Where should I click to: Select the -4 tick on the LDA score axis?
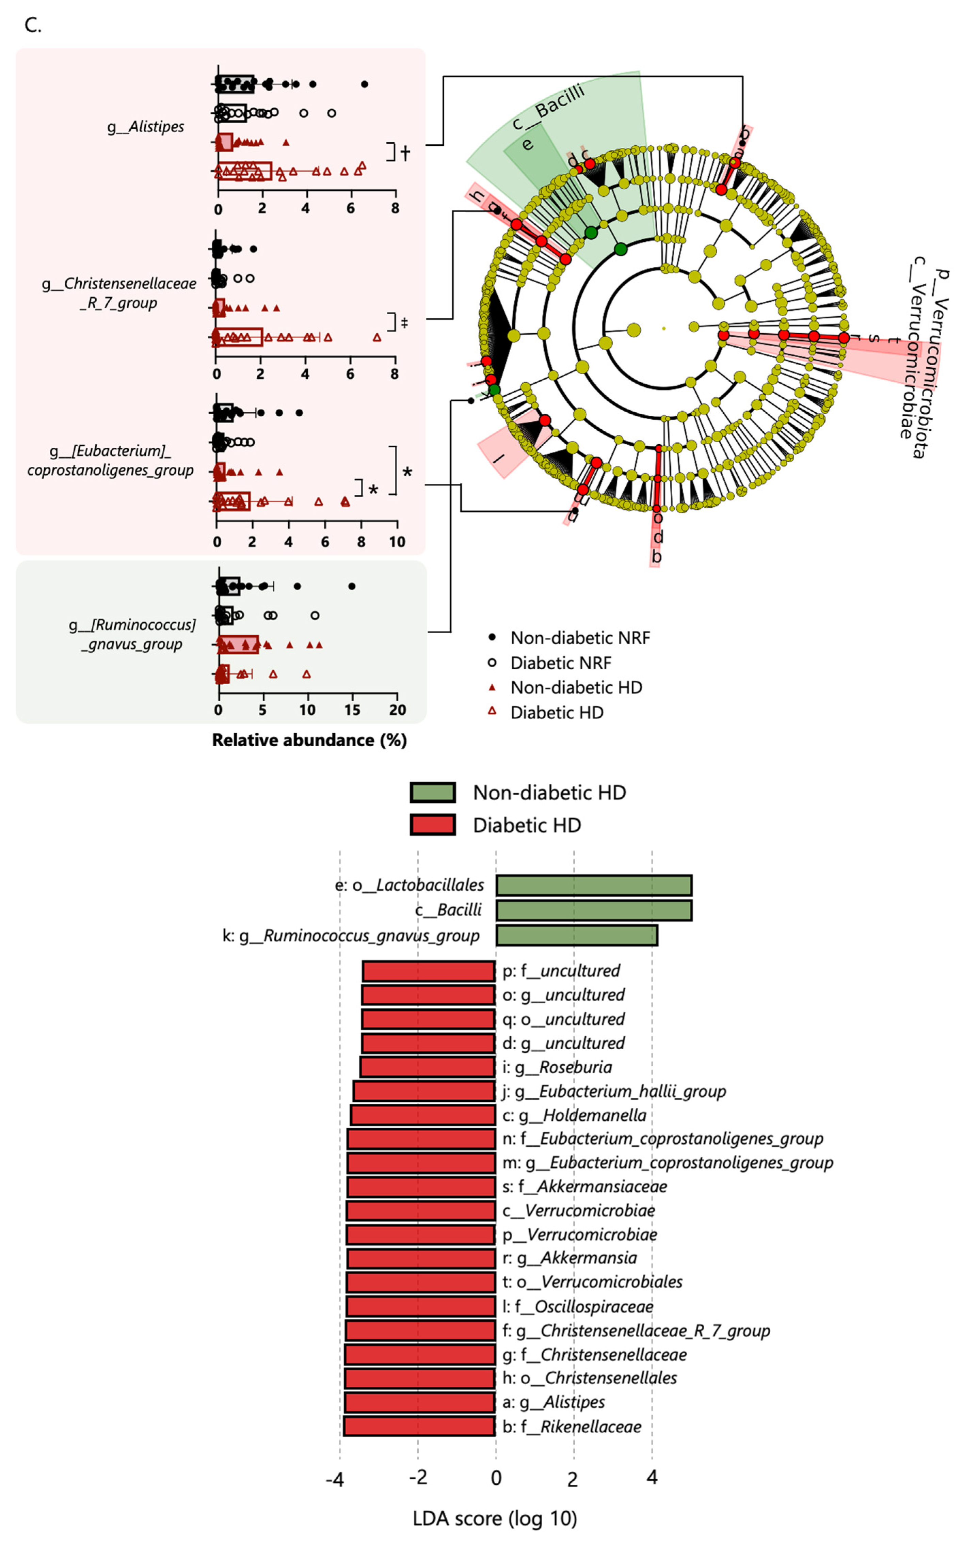(335, 1479)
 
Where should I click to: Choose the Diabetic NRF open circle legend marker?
(492, 663)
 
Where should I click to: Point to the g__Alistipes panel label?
(145, 127)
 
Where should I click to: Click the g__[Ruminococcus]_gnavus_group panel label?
(132, 634)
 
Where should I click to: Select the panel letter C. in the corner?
(32, 25)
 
